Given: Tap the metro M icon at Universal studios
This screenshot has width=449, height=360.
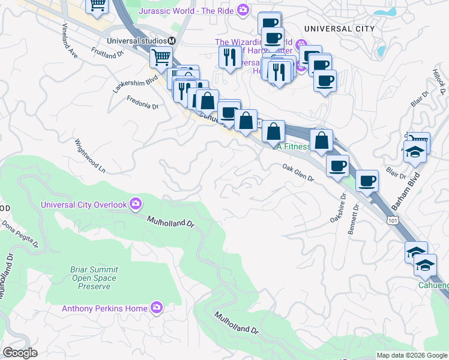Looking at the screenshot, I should click(172, 41).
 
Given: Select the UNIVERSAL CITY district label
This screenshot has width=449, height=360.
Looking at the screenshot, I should click(339, 29).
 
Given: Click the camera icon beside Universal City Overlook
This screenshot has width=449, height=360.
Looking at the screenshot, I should click(136, 204).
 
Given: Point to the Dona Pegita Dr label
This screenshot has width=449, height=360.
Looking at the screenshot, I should click(20, 235).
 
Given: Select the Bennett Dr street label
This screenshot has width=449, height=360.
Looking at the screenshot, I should click(354, 221).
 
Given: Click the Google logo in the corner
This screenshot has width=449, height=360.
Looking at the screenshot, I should click(20, 353).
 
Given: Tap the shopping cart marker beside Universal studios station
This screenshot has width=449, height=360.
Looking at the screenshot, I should click(161, 58).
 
